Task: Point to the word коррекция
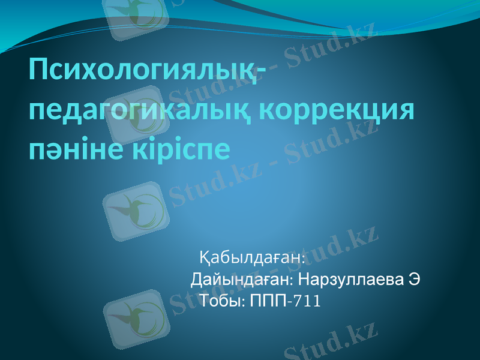[339, 111]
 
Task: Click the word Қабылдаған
[253, 257]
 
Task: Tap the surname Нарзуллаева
[349, 280]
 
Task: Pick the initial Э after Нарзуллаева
[413, 280]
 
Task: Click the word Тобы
[221, 300]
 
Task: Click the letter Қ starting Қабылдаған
[204, 258]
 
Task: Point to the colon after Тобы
[242, 301]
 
